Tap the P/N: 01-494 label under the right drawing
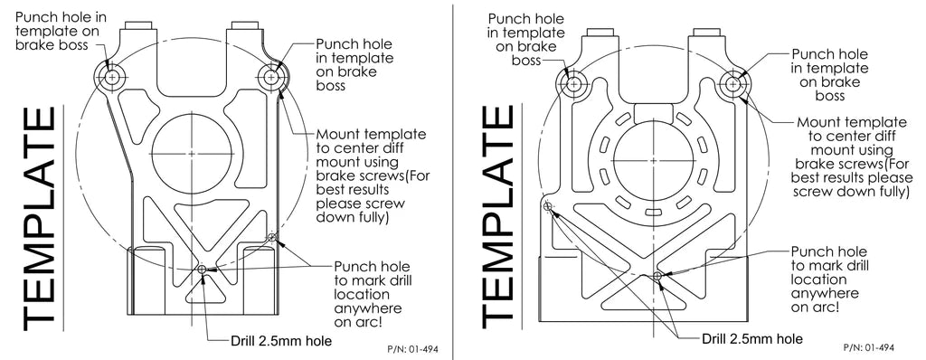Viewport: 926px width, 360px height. [868, 346]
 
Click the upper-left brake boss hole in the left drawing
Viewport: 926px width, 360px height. [112, 78]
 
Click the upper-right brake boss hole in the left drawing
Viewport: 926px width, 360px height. [269, 77]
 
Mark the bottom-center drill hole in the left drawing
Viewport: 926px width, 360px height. [202, 269]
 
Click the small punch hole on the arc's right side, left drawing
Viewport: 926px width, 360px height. [270, 237]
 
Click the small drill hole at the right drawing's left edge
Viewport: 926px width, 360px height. [548, 207]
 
